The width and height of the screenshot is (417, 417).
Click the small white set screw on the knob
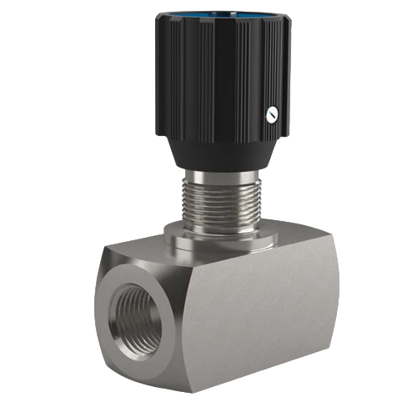click(271, 117)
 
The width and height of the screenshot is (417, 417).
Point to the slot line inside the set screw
click(271, 117)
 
